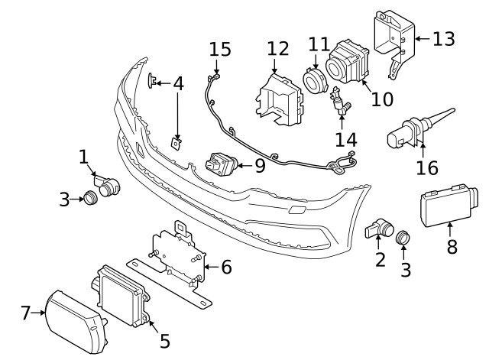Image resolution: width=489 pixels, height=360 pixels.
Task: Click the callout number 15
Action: point(219,50)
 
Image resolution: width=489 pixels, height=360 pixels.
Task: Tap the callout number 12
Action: point(278,49)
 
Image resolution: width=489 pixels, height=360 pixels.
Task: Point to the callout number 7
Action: point(25,312)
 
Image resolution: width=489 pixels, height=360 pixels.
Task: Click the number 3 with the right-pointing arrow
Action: point(64,199)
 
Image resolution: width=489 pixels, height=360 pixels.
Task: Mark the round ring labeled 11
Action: point(313,80)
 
